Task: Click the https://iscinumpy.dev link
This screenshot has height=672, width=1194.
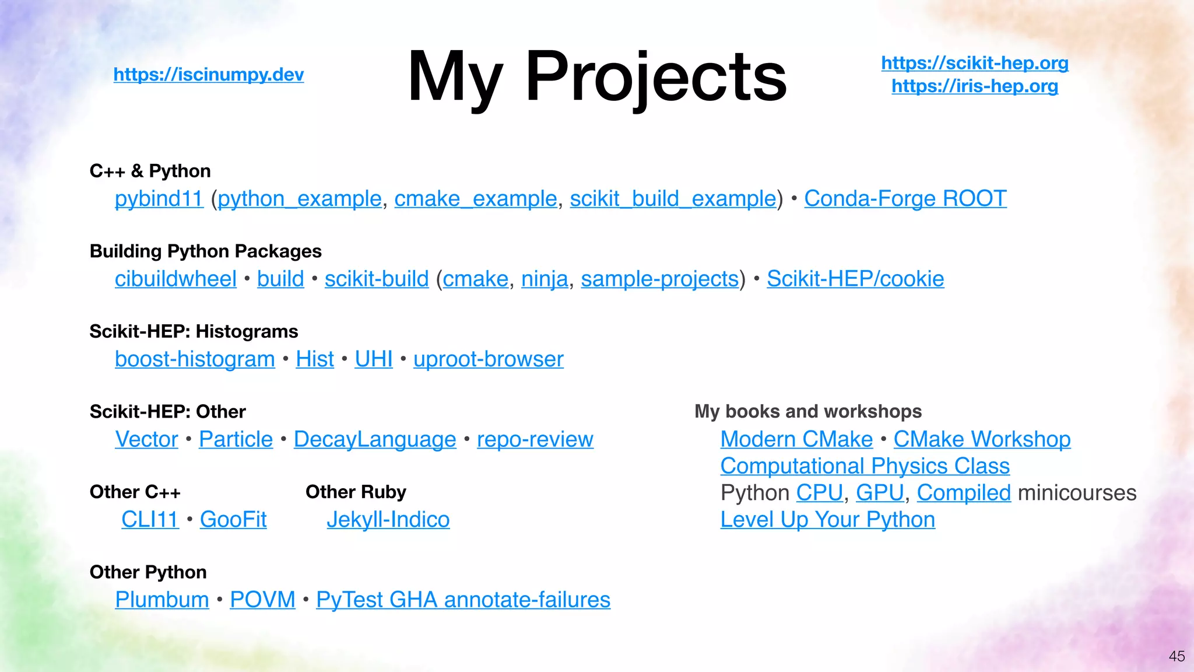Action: (208, 75)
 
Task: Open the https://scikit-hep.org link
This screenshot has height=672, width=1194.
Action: (974, 63)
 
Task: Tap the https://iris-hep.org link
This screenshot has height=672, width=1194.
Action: (974, 86)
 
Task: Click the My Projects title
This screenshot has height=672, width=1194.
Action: (597, 76)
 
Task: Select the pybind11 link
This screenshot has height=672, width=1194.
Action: (159, 199)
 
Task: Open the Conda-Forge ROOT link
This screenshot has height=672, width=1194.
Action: (905, 199)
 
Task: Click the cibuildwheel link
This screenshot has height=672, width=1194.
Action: (175, 279)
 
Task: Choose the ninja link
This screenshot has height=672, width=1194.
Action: (545, 279)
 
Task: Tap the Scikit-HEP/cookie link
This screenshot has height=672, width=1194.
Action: (855, 279)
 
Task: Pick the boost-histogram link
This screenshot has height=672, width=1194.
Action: (195, 359)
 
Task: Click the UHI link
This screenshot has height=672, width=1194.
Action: (374, 359)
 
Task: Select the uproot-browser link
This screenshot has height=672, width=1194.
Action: (488, 359)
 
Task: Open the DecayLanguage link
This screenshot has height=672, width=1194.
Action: (375, 439)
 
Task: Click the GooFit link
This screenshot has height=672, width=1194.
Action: (233, 520)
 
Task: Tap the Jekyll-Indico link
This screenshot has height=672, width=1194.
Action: (388, 520)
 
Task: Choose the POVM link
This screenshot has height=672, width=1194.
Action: (262, 600)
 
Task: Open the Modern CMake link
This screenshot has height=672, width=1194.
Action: (796, 439)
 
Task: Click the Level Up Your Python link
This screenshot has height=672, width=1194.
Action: (827, 520)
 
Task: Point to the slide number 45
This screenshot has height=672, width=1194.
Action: (1177, 656)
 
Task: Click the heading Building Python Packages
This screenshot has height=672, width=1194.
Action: (205, 251)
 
